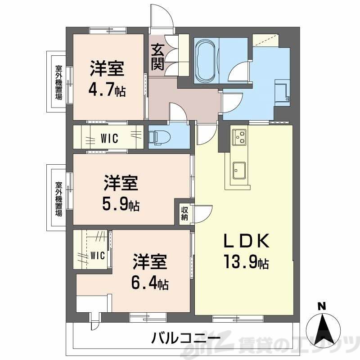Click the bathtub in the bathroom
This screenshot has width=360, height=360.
[x=206, y=60]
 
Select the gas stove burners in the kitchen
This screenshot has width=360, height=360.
[x=239, y=136]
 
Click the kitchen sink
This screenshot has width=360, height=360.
[x=239, y=170]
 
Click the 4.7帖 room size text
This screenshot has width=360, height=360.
[x=107, y=90]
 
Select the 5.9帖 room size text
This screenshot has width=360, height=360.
[x=121, y=205]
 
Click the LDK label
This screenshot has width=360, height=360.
[x=247, y=242]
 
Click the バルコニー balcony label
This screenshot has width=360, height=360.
[x=185, y=337]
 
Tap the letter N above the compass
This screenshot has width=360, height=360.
[x=321, y=306]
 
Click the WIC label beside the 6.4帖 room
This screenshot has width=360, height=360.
[x=97, y=256]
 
